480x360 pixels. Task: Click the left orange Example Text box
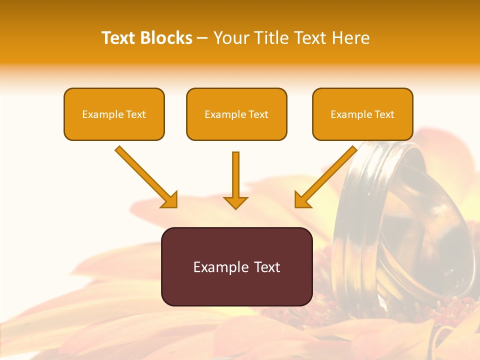coord(114,114)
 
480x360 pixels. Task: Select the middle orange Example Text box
coord(236,114)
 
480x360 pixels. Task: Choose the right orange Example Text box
coord(362,114)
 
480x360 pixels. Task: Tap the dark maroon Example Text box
coord(236,266)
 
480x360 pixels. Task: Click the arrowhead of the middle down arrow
coord(235,202)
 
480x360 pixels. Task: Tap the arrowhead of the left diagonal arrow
coord(169,199)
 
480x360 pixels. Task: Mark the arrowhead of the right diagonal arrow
coord(302,199)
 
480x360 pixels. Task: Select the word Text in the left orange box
coord(136,114)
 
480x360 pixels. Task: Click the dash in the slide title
coord(202,38)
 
